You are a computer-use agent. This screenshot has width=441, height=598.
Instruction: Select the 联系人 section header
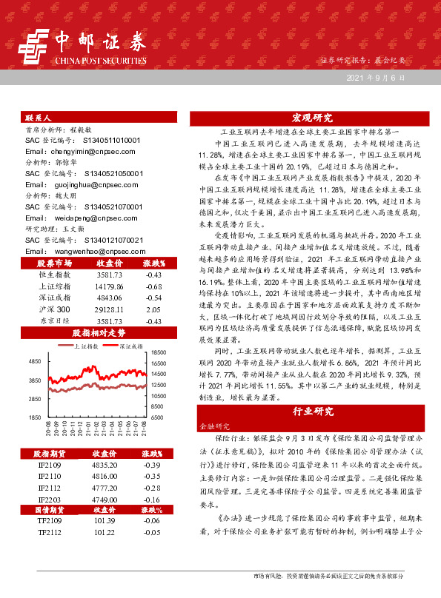pos(38,118)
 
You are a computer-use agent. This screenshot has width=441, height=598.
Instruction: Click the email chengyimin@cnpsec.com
pos(75,149)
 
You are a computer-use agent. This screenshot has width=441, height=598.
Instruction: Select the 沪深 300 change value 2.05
pos(153,309)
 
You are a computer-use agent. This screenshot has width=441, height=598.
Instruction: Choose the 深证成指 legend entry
pos(134,346)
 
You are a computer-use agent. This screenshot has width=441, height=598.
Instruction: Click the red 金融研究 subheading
pos(215,427)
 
